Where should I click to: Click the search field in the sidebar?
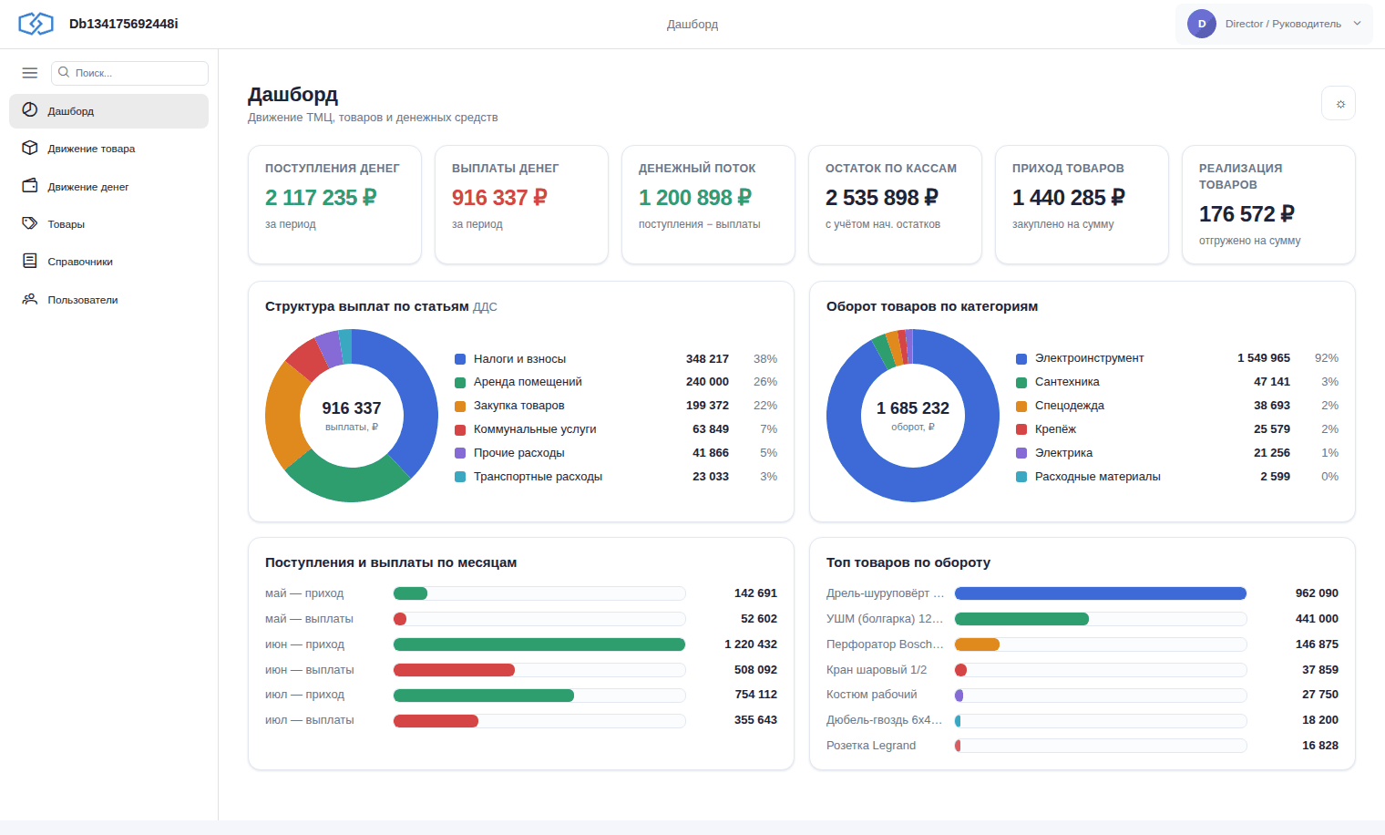click(129, 73)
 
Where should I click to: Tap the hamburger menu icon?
click(30, 73)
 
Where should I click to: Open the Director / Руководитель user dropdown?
click(1274, 24)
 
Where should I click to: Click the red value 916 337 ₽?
click(499, 198)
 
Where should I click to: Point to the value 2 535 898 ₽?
click(882, 198)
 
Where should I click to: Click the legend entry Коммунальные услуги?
click(535, 429)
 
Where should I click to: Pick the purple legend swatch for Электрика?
click(1021, 453)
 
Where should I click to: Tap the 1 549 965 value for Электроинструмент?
click(1263, 358)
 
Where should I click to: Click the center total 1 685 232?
click(913, 408)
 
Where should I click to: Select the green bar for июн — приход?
click(539, 644)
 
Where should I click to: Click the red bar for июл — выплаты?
click(436, 720)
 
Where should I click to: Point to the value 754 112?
click(755, 695)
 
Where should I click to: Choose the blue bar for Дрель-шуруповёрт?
click(1101, 593)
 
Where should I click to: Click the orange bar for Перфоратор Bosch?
click(977, 644)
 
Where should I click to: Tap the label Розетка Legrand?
click(870, 746)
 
